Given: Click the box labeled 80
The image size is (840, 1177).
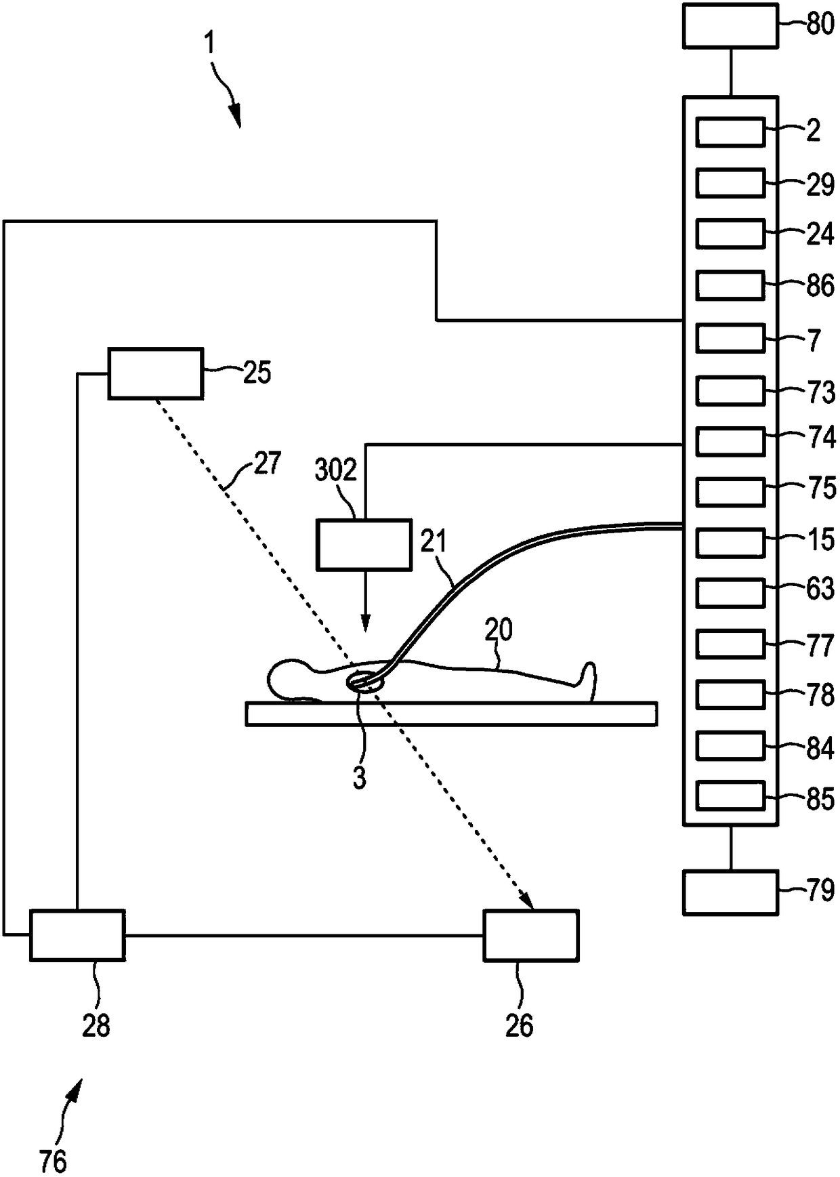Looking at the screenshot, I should tap(730, 26).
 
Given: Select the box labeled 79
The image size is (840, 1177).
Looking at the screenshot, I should tap(730, 892).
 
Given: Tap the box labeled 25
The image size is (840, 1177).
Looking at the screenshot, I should tap(155, 373).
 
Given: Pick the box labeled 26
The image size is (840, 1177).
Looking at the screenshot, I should tap(531, 935).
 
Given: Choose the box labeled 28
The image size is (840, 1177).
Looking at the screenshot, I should tap(77, 935).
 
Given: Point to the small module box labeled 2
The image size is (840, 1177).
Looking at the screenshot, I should tap(730, 131).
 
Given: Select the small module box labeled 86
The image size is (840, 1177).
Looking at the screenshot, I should tap(730, 285).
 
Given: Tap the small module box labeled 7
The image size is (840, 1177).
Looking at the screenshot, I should tap(730, 338).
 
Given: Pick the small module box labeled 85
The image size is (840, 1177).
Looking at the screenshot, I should tap(730, 796).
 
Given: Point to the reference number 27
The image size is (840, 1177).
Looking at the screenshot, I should tap(266, 464).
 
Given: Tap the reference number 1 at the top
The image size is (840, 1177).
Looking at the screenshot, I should tap(210, 44).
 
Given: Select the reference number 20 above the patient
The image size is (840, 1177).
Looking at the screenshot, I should tap(499, 629).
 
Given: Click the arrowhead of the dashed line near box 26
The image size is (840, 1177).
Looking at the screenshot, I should tap(528, 902).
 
